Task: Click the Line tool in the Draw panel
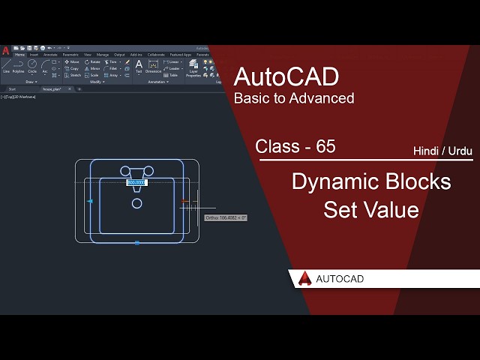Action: tap(6, 67)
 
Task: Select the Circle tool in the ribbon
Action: tap(32, 67)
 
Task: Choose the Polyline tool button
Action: tap(18, 67)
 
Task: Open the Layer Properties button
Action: tap(193, 68)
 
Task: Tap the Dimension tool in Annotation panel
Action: tap(153, 67)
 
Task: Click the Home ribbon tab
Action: tap(19, 55)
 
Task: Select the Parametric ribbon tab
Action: tap(70, 55)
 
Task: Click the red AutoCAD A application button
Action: tap(5, 50)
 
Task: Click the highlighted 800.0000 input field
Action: tap(136, 182)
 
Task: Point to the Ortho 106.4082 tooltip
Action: tap(226, 217)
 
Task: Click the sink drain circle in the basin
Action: tap(137, 203)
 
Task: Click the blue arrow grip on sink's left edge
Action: tap(90, 201)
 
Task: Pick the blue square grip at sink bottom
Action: tap(137, 243)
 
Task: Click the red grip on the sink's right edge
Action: tap(184, 201)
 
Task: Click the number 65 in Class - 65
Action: tap(325, 147)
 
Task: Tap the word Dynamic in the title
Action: tap(331, 182)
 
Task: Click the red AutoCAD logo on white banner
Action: tap(305, 278)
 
